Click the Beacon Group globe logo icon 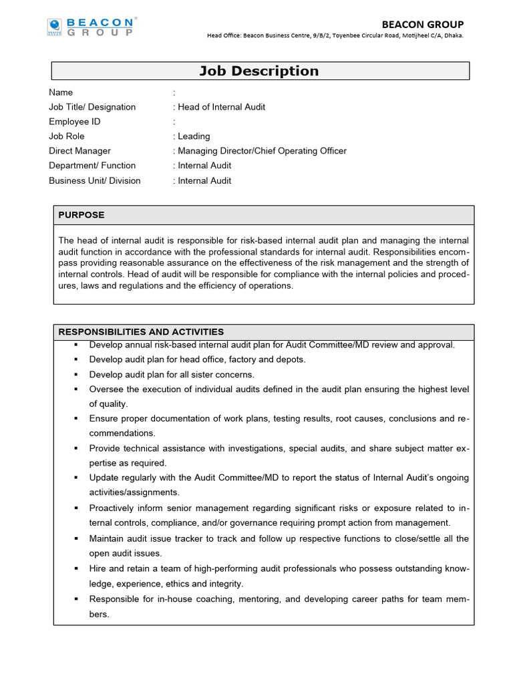[x=54, y=27]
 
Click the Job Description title [x=259, y=71]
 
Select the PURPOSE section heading [x=81, y=215]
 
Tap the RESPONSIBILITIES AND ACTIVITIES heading [x=141, y=332]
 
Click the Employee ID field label [x=75, y=122]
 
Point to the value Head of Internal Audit [x=221, y=107]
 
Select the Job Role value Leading [x=194, y=136]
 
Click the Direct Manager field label [x=79, y=151]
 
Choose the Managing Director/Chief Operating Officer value [x=262, y=151]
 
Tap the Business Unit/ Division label [x=95, y=180]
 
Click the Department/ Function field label [x=92, y=166]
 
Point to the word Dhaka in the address [x=452, y=36]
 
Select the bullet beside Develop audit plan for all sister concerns [x=77, y=375]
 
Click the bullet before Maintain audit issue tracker [x=77, y=538]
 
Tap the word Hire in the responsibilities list [x=98, y=568]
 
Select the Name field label [x=61, y=92]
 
